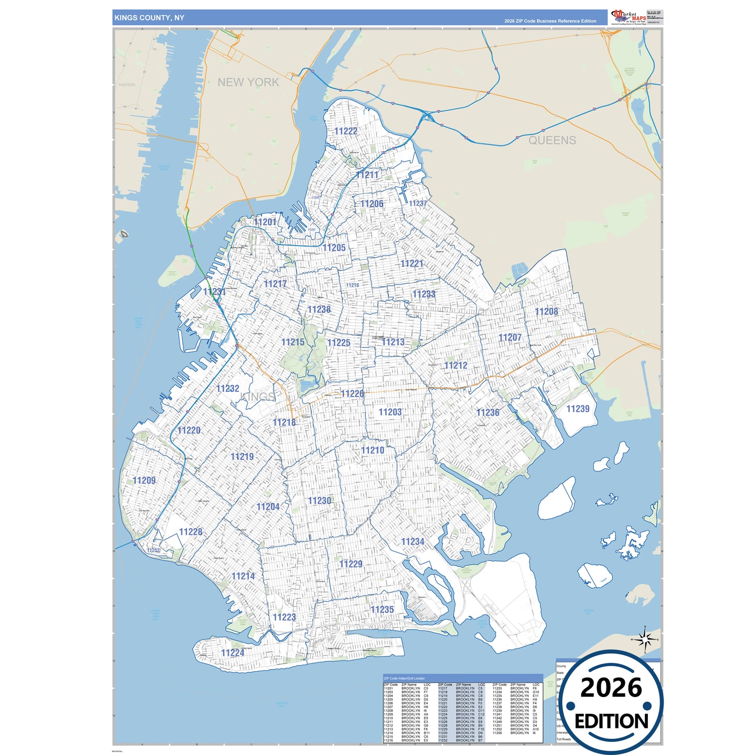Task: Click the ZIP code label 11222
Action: pyautogui.click(x=346, y=131)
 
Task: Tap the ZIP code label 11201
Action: pyautogui.click(x=265, y=222)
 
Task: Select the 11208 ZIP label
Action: pyautogui.click(x=547, y=311)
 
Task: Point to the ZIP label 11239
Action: pyautogui.click(x=578, y=409)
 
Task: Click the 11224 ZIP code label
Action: pyautogui.click(x=233, y=653)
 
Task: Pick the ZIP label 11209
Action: pyautogui.click(x=144, y=480)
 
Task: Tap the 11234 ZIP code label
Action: pyautogui.click(x=413, y=541)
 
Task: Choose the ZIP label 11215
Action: pyautogui.click(x=293, y=342)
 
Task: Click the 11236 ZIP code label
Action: pyautogui.click(x=488, y=412)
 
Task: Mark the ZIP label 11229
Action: pyautogui.click(x=351, y=564)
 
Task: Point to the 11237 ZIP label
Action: pyautogui.click(x=417, y=203)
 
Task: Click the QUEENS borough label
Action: pyautogui.click(x=552, y=140)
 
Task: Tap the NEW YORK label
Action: pyautogui.click(x=248, y=82)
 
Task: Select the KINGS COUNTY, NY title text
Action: pyautogui.click(x=149, y=18)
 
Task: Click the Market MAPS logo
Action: pyautogui.click(x=629, y=17)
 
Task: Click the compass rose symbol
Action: pyautogui.click(x=645, y=639)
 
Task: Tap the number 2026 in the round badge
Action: pyautogui.click(x=611, y=688)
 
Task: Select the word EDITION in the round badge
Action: pyautogui.click(x=611, y=722)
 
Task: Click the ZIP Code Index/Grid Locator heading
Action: pyautogui.click(x=404, y=678)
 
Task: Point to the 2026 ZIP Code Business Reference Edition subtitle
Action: pyautogui.click(x=550, y=21)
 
